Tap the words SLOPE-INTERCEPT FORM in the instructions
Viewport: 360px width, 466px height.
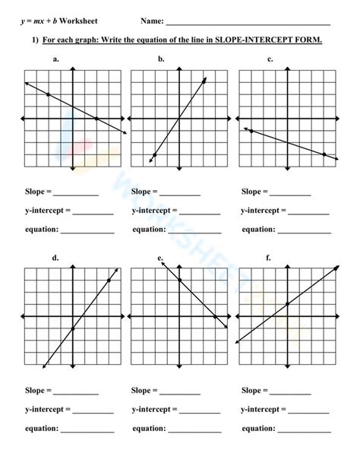279,40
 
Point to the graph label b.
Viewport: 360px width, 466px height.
162,59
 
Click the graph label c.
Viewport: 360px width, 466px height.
270,59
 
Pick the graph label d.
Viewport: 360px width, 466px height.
55,258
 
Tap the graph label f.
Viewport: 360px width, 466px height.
268,258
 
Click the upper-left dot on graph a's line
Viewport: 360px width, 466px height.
48,94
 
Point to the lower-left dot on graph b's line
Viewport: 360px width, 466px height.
154,155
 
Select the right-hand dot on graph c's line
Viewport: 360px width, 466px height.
324,155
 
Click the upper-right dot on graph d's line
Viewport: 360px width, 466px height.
109,281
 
